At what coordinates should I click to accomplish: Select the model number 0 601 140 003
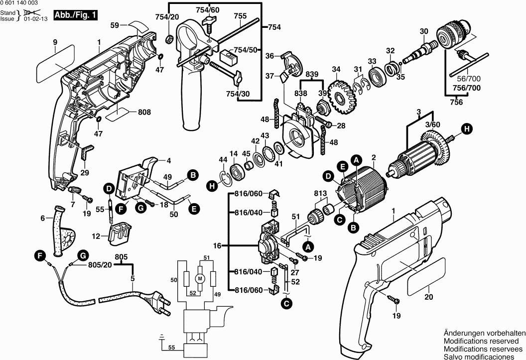(23, 3)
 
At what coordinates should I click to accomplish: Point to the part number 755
(240, 16)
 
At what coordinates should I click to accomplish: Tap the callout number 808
(144, 113)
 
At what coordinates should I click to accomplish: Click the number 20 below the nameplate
(429, 298)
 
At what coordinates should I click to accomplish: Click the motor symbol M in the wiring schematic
(200, 278)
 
